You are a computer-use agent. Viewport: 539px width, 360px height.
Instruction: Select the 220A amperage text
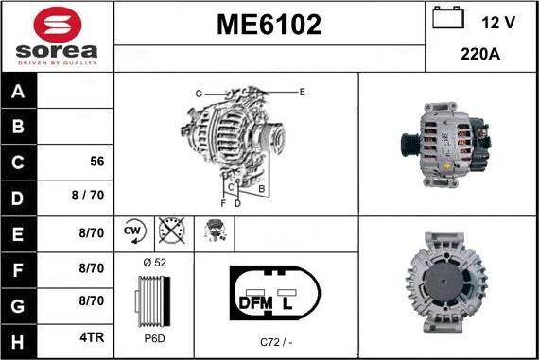coord(480,54)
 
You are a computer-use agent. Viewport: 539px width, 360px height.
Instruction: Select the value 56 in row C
coord(96,162)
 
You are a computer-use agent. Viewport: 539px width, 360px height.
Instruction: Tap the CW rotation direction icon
coord(132,231)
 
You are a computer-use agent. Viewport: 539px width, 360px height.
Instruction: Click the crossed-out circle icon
coord(171,231)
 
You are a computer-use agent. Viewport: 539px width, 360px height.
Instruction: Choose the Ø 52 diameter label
coord(153,262)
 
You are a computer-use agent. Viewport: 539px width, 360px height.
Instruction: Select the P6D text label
coord(153,336)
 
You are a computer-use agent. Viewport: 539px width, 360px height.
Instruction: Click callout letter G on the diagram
coord(200,94)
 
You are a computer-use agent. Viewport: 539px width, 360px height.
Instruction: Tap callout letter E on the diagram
coord(302,92)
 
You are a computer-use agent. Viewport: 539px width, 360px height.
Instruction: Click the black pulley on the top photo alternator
coord(409,147)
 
